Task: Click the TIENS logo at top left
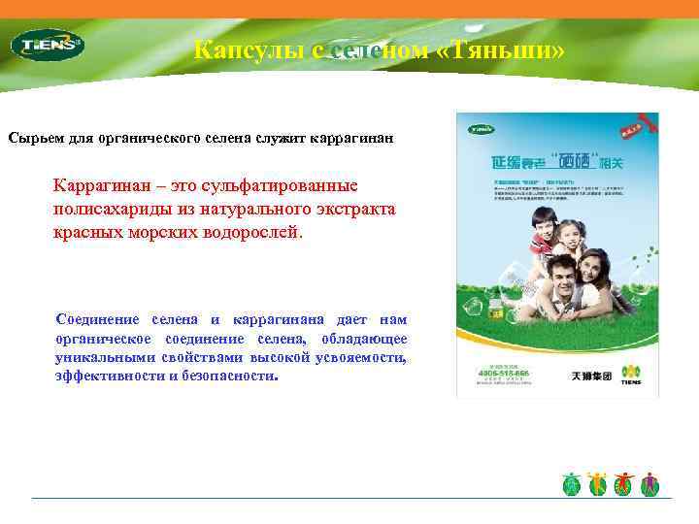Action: [x=47, y=44]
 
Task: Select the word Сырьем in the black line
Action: [x=38, y=139]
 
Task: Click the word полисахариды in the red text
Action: [x=108, y=210]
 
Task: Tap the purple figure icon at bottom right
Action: [x=650, y=482]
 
